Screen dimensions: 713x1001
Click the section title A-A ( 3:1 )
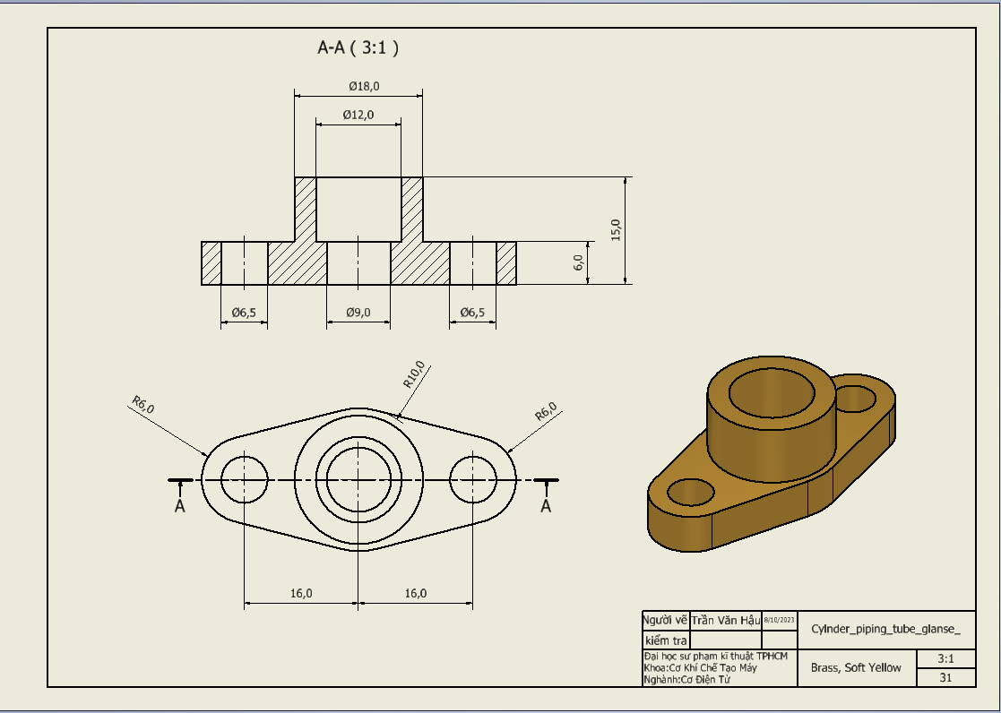coord(358,48)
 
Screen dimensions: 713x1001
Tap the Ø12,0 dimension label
coord(358,115)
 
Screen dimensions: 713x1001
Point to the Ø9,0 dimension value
coord(358,313)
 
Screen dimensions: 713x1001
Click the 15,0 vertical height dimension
coord(616,230)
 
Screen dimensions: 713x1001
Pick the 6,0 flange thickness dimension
coord(579,262)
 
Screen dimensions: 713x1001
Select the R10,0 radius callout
coord(415,374)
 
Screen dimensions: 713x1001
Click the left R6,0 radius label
coord(142,404)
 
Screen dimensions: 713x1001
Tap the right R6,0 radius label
coord(546,411)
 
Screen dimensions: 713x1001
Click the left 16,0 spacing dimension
coord(301,593)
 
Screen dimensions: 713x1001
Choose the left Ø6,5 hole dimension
coord(244,313)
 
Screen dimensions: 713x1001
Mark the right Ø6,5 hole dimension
coord(472,313)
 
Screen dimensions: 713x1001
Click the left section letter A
coord(180,506)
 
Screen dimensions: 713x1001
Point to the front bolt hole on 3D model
coord(691,491)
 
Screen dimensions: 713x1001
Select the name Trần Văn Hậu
coord(725,620)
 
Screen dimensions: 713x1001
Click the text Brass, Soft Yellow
coord(856,667)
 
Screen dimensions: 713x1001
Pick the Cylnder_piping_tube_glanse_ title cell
coord(885,629)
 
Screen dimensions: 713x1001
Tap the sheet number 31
coord(945,678)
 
